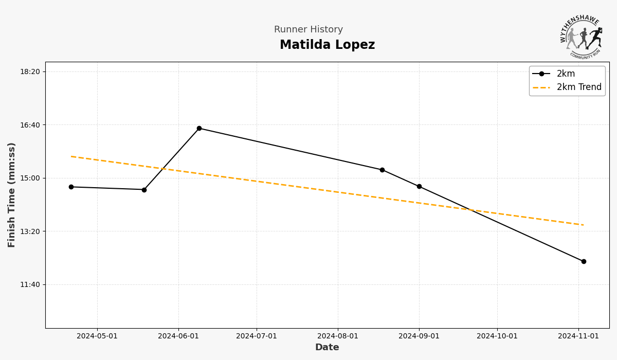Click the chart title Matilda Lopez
tap(327, 45)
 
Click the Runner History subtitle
tap(308, 30)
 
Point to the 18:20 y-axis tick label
tap(30, 71)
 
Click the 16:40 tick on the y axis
tap(30, 125)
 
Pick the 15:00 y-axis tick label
tap(30, 178)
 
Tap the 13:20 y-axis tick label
tap(30, 231)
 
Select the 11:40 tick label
tap(30, 284)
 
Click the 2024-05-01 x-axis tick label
tap(97, 336)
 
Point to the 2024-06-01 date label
tap(178, 336)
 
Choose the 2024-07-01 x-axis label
tap(257, 336)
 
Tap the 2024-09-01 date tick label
tap(419, 336)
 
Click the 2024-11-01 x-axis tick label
tap(578, 336)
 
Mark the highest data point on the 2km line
tap(199, 129)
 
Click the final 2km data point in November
tap(584, 261)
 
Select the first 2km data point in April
tap(71, 187)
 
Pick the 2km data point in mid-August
tap(382, 170)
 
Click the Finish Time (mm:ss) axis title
tap(12, 195)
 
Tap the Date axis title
tap(327, 348)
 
